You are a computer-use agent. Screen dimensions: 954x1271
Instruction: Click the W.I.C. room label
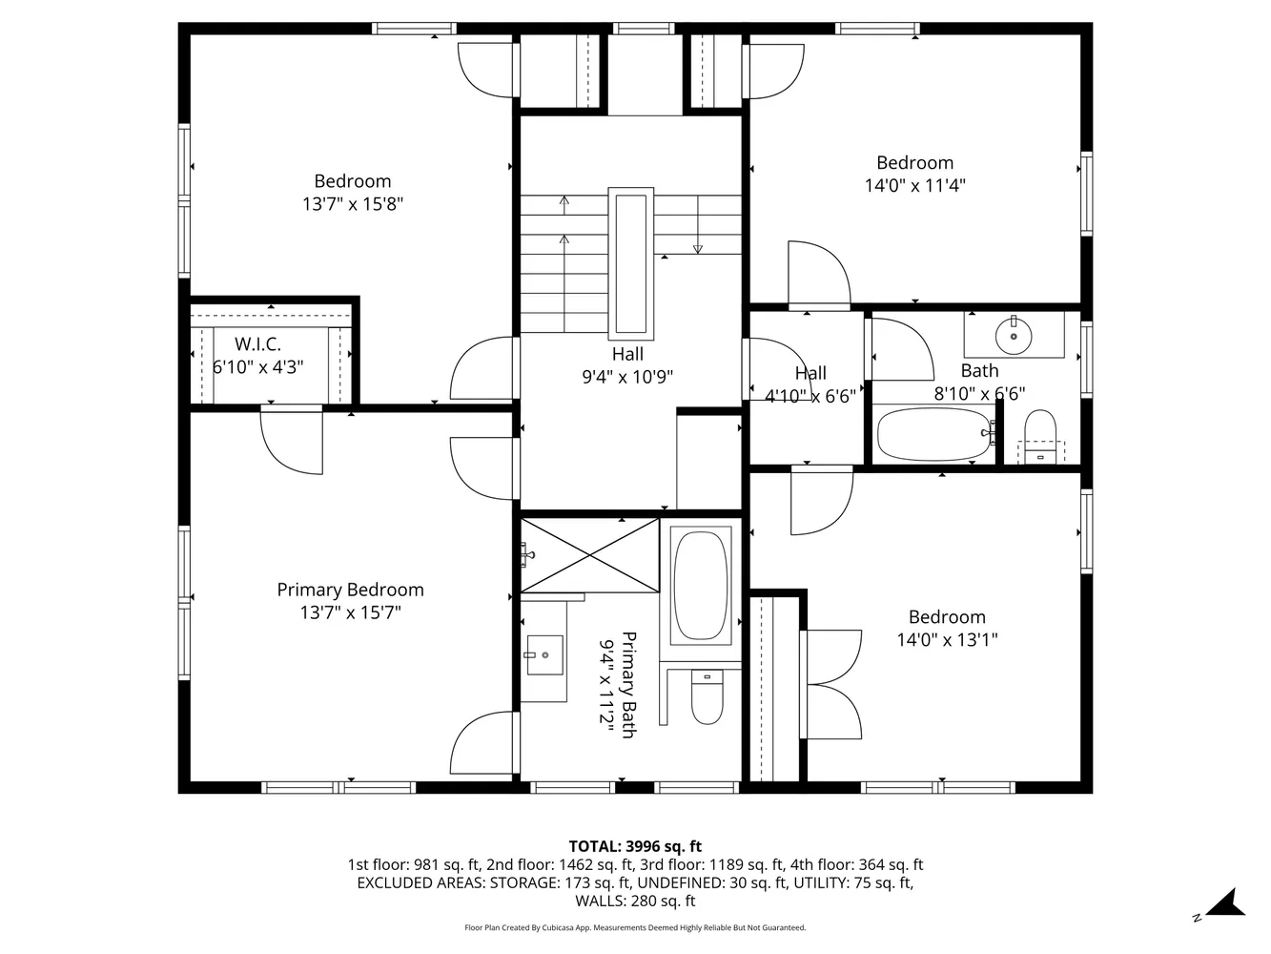[257, 344]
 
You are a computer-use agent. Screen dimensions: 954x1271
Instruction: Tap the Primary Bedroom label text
[350, 590]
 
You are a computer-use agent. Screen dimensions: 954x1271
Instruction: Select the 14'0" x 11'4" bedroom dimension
[914, 186]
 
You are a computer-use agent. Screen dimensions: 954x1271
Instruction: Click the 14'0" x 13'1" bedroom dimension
[947, 640]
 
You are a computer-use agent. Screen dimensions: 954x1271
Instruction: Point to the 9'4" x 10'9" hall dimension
[627, 377]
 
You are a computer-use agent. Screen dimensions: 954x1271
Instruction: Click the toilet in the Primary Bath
[707, 700]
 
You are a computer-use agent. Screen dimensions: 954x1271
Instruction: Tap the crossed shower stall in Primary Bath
[590, 554]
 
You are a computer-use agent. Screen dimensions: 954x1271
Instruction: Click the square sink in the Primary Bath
[543, 655]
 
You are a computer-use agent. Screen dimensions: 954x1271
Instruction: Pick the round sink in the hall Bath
[1014, 334]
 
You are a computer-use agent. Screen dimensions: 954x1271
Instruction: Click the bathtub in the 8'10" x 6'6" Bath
[935, 435]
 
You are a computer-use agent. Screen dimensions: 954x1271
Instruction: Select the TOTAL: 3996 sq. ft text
[635, 846]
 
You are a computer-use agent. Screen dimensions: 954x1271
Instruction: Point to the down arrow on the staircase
[697, 249]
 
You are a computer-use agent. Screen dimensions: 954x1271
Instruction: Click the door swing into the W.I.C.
[292, 439]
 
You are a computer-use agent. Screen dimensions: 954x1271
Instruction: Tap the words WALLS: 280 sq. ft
[635, 901]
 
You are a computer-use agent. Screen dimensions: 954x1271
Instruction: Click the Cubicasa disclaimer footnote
[635, 927]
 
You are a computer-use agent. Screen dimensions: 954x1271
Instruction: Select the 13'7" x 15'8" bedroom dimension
[352, 204]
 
